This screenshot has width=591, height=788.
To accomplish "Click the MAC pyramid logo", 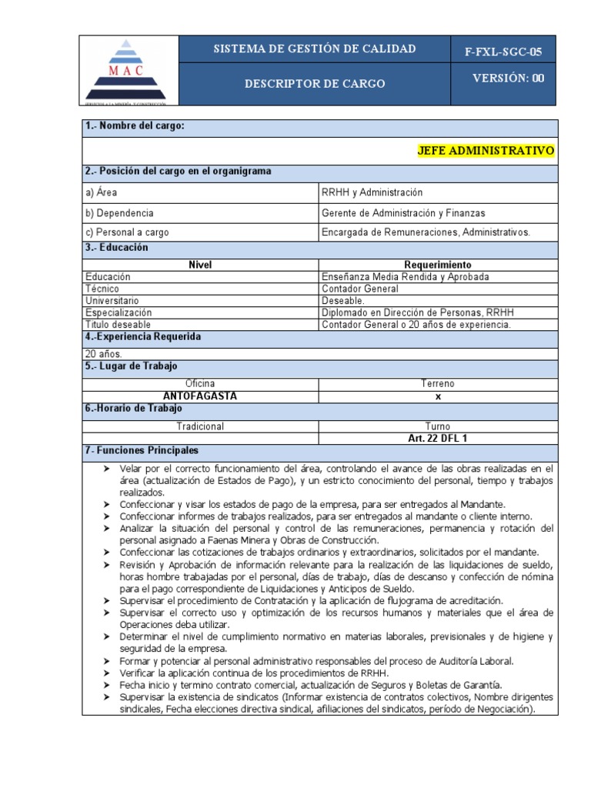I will tap(130, 70).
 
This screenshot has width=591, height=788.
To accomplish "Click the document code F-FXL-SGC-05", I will tap(503, 52).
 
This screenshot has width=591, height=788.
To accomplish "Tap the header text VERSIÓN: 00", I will tap(508, 78).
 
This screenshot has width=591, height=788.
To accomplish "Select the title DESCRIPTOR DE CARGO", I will tap(315, 83).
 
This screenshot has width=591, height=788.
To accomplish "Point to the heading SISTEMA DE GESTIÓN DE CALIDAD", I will tap(315, 49).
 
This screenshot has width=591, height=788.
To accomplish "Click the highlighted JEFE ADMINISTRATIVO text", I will tap(485, 150).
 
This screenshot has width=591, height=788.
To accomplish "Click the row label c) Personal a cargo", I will tap(128, 232).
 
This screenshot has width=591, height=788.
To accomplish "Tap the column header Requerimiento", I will tap(437, 265).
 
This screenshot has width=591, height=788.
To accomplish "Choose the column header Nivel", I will tap(200, 265).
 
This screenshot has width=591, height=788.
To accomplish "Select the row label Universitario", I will tap(112, 301).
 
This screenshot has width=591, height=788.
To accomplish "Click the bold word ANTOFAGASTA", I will tap(200, 396).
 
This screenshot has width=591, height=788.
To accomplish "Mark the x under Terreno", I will tap(437, 396).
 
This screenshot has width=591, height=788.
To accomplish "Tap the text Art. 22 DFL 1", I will tap(437, 438).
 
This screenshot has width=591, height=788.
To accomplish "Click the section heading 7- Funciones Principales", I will tap(142, 450).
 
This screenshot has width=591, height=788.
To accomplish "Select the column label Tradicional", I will tap(200, 426).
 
